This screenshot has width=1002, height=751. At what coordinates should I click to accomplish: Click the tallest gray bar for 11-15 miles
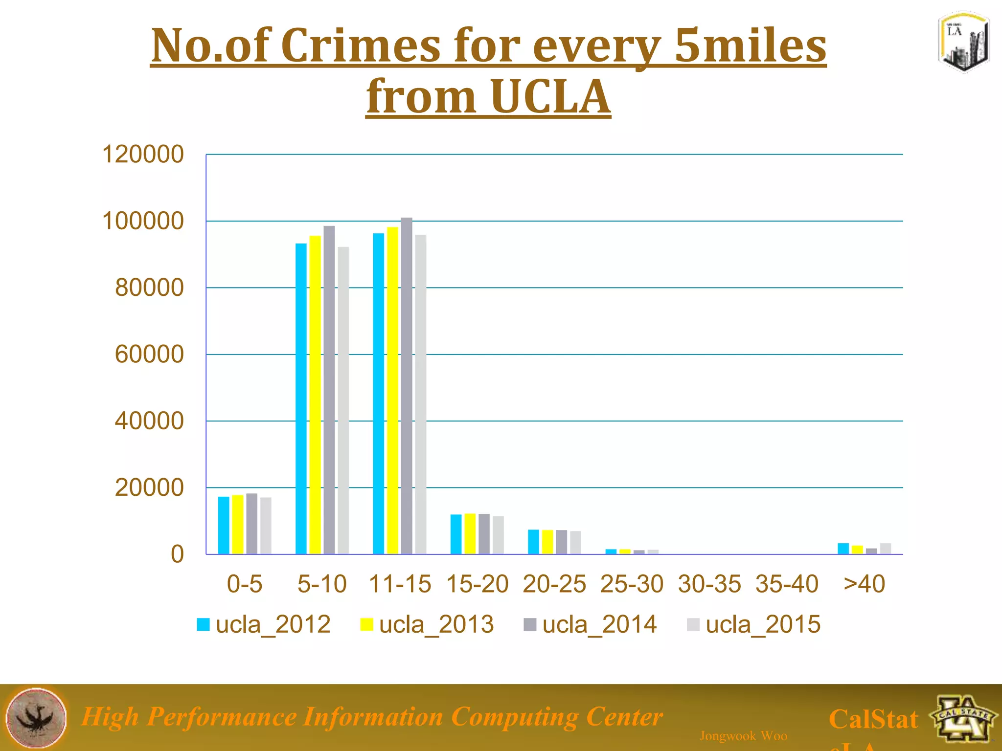tap(407, 386)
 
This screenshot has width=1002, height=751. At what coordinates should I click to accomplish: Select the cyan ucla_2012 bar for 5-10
tap(301, 398)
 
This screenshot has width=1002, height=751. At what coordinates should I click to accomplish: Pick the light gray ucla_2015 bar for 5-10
tap(343, 400)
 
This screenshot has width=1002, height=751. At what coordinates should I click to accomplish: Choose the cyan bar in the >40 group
tap(843, 549)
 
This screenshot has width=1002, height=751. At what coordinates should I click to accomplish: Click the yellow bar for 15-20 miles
tap(470, 534)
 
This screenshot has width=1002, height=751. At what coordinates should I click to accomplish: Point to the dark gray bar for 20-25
tap(562, 542)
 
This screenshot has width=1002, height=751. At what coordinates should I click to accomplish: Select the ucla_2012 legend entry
tap(264, 624)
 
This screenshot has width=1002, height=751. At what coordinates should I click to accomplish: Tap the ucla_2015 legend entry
tap(754, 624)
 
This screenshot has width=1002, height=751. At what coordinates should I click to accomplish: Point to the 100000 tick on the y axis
tap(143, 221)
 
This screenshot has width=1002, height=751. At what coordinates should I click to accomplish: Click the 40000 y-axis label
tap(149, 421)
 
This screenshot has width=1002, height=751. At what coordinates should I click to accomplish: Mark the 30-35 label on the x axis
tap(709, 584)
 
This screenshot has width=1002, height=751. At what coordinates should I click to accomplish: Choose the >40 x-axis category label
tap(864, 584)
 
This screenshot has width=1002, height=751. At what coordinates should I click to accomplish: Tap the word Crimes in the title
tap(361, 45)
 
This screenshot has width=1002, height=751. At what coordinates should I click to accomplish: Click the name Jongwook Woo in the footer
tap(743, 736)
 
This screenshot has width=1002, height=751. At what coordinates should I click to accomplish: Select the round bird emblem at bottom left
tap(37, 718)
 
